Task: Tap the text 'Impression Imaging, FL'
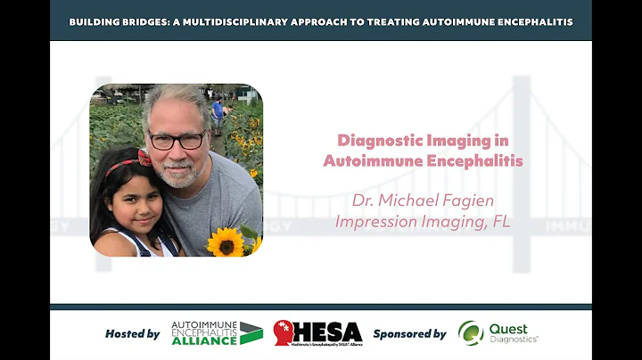pos(423,221)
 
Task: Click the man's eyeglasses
pos(177,141)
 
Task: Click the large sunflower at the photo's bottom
pos(225,242)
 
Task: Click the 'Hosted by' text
pos(132,333)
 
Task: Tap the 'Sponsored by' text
pos(409,333)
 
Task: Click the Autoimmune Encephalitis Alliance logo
pos(217,332)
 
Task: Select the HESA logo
pos(317,333)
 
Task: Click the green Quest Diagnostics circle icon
pos(471,333)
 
